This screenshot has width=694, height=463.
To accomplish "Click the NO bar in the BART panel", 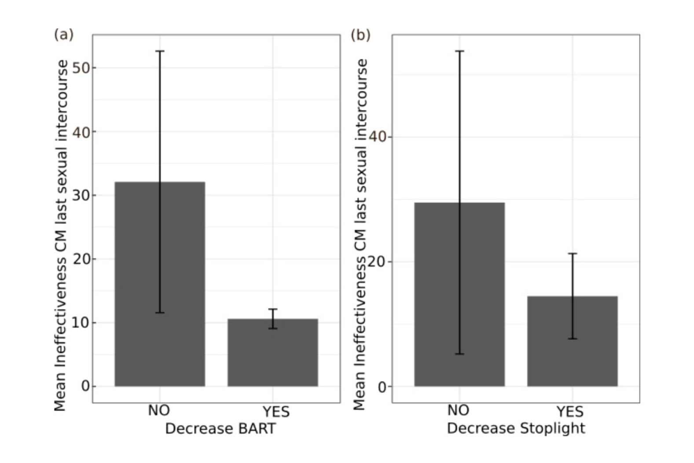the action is [x=160, y=284].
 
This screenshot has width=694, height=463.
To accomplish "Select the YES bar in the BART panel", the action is [x=273, y=352].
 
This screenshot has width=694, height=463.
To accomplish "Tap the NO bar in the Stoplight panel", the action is [x=459, y=295].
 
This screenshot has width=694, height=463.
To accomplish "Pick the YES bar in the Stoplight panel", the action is [x=573, y=341].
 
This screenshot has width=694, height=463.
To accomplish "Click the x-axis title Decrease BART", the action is [x=220, y=429].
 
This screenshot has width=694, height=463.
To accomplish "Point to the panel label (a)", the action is [x=64, y=35].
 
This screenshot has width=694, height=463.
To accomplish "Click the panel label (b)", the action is [x=360, y=35].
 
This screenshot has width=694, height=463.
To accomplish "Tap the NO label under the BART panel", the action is [x=159, y=411].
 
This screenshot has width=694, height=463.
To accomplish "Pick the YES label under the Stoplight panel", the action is [x=570, y=412].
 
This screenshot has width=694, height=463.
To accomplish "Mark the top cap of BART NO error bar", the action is [x=160, y=51].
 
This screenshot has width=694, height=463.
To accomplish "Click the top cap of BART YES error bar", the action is [x=273, y=309].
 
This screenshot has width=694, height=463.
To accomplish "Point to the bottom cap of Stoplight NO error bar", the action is [x=459, y=354].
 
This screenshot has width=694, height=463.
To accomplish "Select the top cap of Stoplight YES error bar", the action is [x=573, y=254].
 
